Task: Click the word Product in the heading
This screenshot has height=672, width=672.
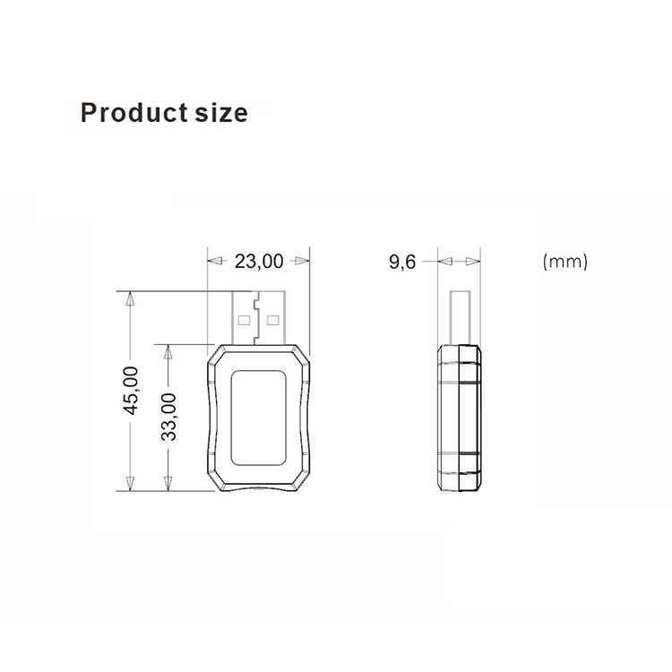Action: tap(134, 113)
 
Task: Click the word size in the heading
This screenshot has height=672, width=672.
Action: tap(221, 113)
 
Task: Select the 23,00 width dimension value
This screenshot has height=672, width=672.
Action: tap(259, 261)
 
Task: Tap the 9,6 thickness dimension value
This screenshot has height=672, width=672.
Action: tap(402, 262)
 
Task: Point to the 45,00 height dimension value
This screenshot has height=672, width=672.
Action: tap(131, 391)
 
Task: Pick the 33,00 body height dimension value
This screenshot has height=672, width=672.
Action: tap(168, 417)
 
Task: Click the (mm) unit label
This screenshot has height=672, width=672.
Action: tap(564, 261)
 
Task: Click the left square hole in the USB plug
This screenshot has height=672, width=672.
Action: tap(244, 320)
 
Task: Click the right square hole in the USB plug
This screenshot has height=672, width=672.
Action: tap(272, 320)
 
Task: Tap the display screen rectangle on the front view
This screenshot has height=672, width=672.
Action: tap(258, 418)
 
